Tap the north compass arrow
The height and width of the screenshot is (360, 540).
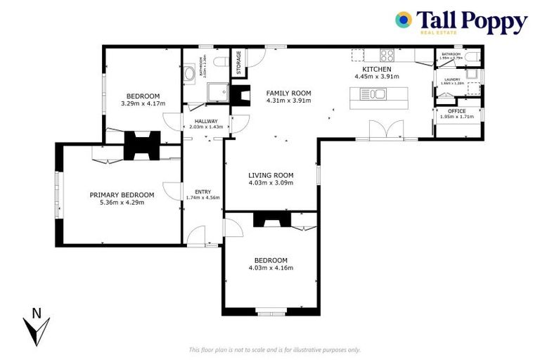(x=36, y=328)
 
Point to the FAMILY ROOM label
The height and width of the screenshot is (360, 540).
(x=288, y=93)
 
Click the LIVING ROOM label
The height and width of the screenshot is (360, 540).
(x=271, y=175)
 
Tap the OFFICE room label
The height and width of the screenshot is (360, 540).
(x=456, y=110)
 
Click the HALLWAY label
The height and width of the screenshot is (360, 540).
(x=206, y=120)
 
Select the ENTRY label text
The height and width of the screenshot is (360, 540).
(x=202, y=191)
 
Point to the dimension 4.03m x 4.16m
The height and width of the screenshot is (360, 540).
(x=271, y=267)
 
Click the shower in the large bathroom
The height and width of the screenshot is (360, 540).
(x=214, y=91)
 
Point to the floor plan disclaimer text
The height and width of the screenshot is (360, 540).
(x=274, y=349)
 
